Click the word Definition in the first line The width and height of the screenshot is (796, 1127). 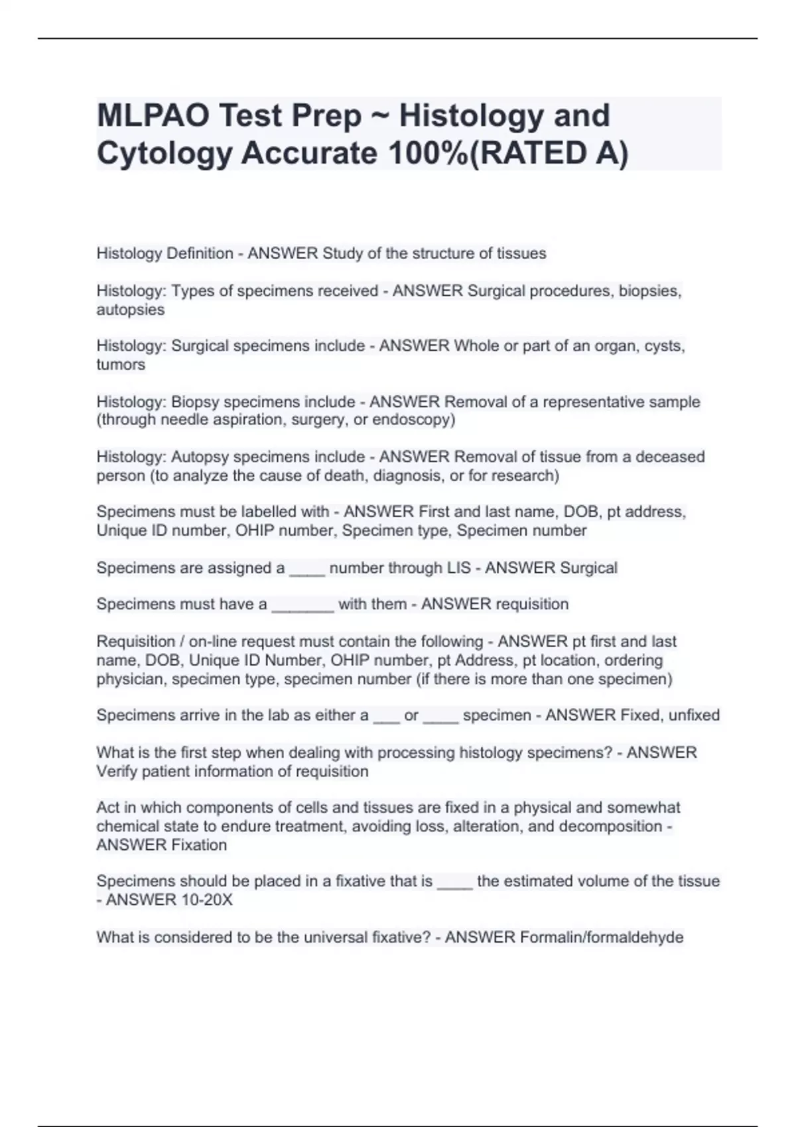click(200, 253)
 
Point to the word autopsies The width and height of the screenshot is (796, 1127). click(130, 310)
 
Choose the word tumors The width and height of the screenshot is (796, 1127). click(120, 365)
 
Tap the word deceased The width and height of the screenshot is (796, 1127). click(670, 457)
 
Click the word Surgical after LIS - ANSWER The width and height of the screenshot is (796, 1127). click(588, 568)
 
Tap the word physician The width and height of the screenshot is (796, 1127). click(129, 679)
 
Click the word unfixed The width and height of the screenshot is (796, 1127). click(694, 715)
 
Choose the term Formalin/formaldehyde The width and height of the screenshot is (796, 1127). click(602, 937)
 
